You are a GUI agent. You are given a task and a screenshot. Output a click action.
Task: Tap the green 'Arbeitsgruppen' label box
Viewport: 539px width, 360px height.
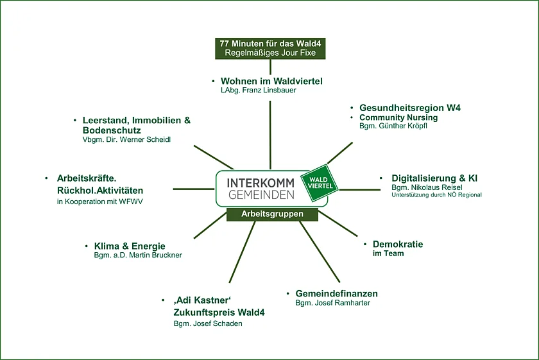click(273, 214)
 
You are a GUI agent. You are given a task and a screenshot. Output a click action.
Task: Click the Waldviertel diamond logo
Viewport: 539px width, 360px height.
click(319, 180)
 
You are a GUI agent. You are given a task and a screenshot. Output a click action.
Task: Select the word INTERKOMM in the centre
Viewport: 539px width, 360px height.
click(261, 182)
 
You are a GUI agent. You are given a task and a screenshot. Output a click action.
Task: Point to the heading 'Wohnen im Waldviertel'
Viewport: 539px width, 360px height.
click(271, 81)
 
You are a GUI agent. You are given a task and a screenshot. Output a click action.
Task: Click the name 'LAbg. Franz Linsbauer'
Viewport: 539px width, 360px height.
click(259, 90)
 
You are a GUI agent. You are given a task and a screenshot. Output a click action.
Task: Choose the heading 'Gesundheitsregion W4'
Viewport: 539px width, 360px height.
click(410, 108)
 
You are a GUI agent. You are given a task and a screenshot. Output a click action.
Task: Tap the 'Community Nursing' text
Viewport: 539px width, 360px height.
click(398, 117)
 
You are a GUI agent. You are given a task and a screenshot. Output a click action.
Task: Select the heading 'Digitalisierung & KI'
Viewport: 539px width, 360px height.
click(434, 178)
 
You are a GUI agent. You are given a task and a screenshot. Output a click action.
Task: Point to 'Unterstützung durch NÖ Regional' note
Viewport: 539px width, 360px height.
click(436, 195)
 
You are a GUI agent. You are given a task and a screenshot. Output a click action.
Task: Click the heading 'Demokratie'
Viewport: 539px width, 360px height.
click(398, 244)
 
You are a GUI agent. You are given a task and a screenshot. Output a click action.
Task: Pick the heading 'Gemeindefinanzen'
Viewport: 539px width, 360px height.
click(336, 293)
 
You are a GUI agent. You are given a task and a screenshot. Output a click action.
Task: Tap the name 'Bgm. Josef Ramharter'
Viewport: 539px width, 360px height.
click(332, 303)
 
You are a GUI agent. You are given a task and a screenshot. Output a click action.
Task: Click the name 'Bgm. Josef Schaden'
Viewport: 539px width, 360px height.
click(208, 323)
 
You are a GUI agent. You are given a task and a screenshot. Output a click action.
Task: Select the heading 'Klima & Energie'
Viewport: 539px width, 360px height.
click(130, 246)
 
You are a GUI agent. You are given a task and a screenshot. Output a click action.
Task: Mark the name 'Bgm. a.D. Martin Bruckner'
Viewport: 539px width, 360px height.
click(138, 255)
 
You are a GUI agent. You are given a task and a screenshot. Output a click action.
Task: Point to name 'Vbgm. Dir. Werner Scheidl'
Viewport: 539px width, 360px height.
click(127, 140)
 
